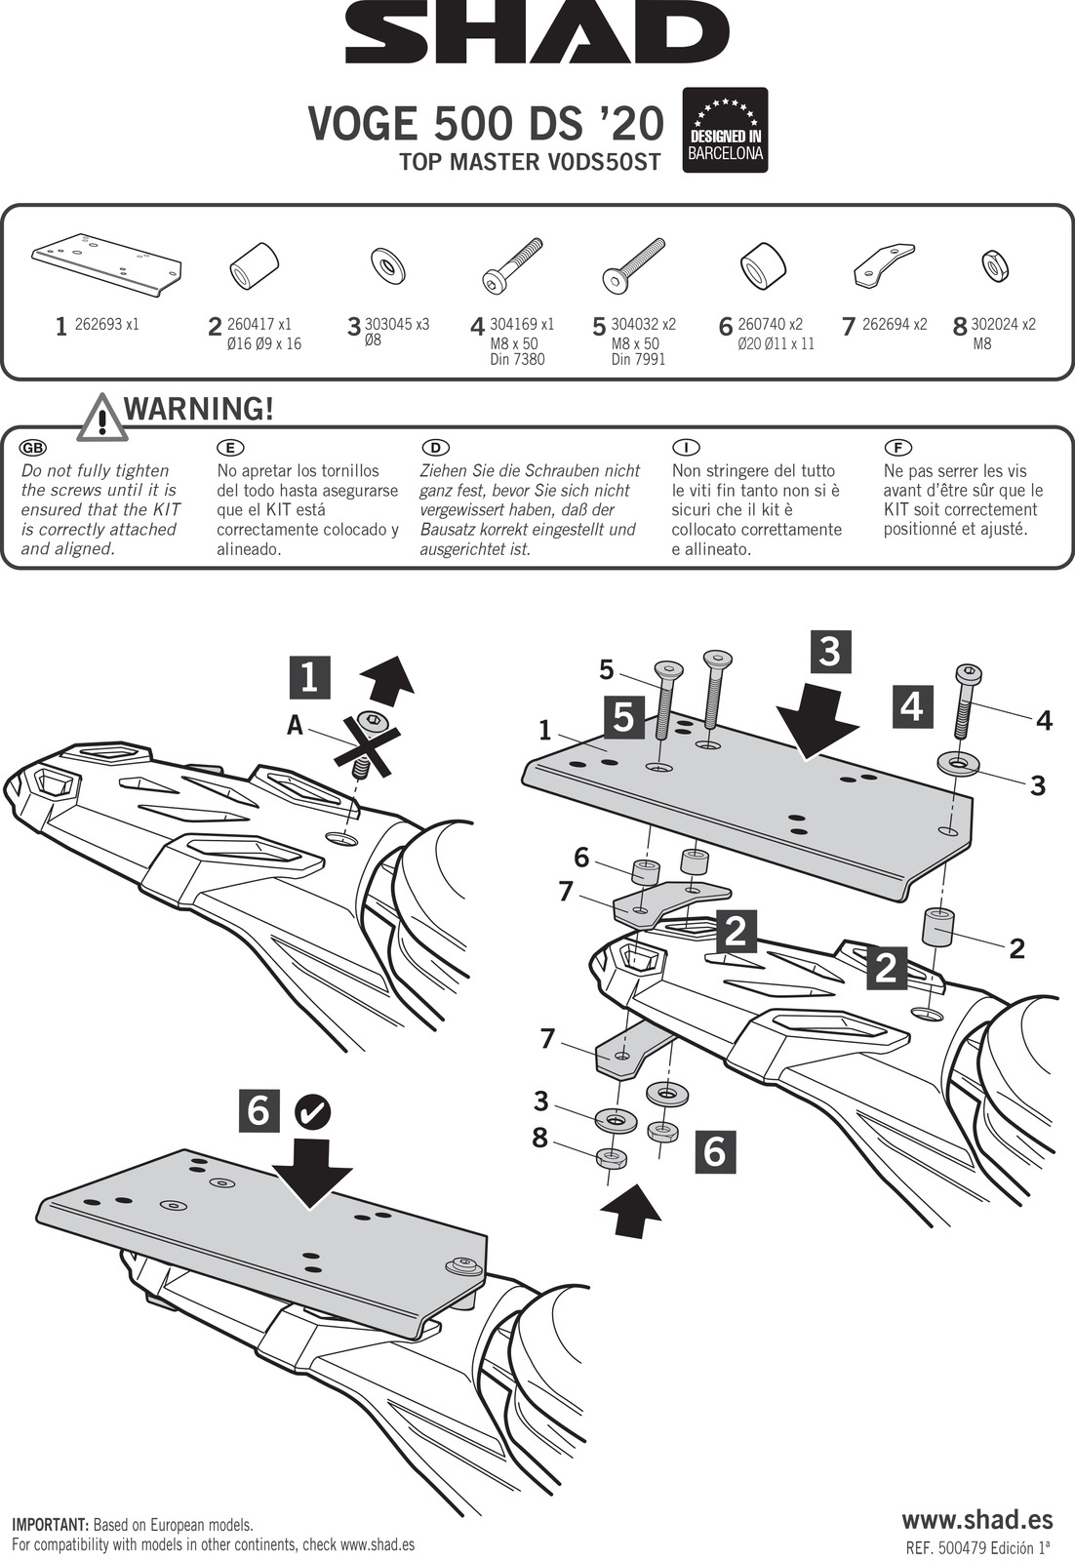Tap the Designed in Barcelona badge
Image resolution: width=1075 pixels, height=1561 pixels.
pyautogui.click(x=725, y=131)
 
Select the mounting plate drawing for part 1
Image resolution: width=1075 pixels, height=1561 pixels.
pyautogui.click(x=107, y=260)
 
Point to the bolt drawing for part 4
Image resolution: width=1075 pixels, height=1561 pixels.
pyautogui.click(x=511, y=265)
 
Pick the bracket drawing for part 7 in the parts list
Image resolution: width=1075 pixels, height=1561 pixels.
pyautogui.click(x=884, y=262)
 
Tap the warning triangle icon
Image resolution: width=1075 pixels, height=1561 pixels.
pyautogui.click(x=100, y=416)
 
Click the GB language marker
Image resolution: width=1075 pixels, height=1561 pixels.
pyautogui.click(x=33, y=448)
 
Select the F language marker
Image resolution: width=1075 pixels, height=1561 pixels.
pyautogui.click(x=896, y=448)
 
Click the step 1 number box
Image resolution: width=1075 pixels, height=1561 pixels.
pyautogui.click(x=309, y=677)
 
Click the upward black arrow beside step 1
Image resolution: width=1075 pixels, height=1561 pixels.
pyautogui.click(x=387, y=677)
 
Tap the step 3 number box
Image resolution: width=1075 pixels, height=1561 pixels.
pyautogui.click(x=829, y=651)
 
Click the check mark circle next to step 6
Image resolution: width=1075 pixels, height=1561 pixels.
pyautogui.click(x=312, y=1110)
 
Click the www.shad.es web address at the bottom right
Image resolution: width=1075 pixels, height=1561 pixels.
pyautogui.click(x=976, y=1519)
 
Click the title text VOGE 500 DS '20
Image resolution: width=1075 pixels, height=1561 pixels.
pyautogui.click(x=486, y=124)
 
